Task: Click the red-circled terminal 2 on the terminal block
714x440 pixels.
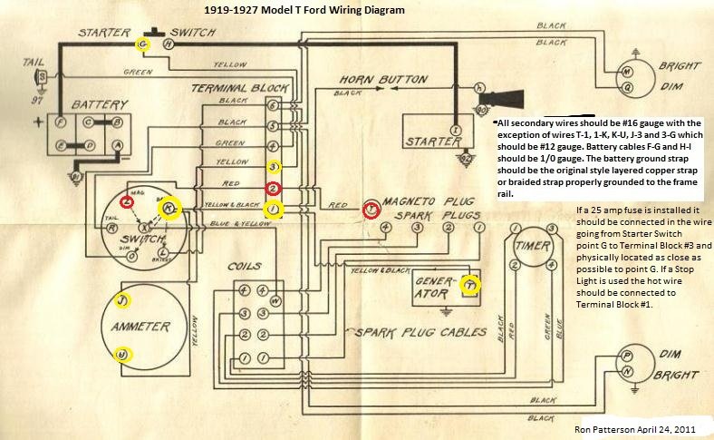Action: tap(272, 188)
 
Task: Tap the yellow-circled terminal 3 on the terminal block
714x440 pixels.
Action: tap(273, 167)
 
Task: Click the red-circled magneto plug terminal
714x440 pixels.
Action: tap(370, 209)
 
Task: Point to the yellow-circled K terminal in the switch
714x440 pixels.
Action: tap(169, 209)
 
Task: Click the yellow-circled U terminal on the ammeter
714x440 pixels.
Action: tap(121, 354)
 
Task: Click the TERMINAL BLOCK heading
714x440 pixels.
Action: tap(231, 88)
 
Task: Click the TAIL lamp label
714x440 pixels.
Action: tap(34, 63)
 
